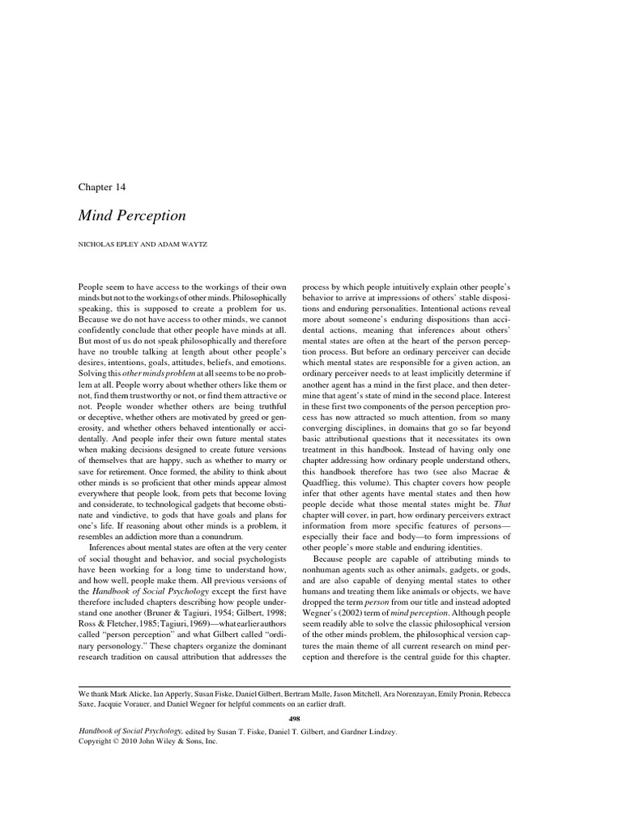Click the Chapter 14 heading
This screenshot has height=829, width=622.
(x=102, y=186)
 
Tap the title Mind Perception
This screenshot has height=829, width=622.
(x=131, y=215)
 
